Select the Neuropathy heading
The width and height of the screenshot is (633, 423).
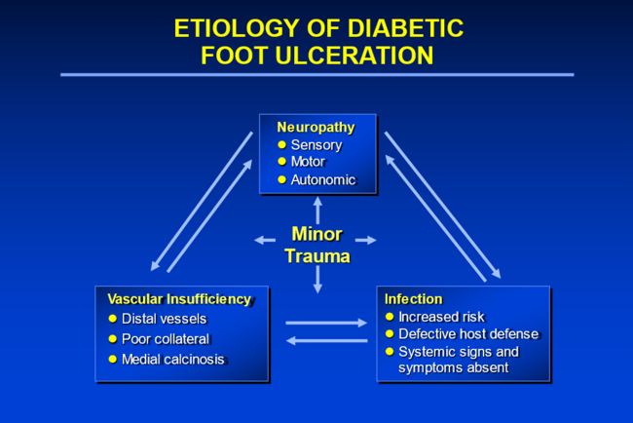tap(316, 128)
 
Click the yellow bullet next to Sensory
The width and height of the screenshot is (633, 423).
tap(282, 145)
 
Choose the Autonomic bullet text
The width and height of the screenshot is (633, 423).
tap(323, 179)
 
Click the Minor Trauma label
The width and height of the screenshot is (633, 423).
tap(316, 246)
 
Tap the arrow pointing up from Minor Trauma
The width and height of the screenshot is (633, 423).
tap(316, 210)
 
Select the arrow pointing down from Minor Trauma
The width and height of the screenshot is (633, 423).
tap(316, 281)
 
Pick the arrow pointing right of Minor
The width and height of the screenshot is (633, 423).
tap(366, 240)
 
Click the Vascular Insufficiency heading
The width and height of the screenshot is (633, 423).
tap(179, 299)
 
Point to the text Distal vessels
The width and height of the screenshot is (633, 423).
tap(164, 319)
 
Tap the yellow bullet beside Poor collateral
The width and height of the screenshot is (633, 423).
tap(112, 339)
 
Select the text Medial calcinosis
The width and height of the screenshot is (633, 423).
tap(173, 360)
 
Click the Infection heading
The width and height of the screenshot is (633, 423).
tap(413, 299)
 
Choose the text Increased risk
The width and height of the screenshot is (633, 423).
tap(441, 317)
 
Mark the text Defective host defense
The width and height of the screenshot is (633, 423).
tap(468, 334)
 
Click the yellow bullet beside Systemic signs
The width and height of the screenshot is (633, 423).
tap(391, 352)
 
